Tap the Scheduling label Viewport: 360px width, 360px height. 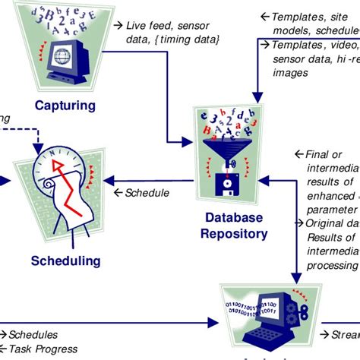(x=65, y=261)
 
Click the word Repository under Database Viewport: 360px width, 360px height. (x=234, y=233)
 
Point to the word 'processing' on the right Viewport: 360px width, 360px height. (x=331, y=264)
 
